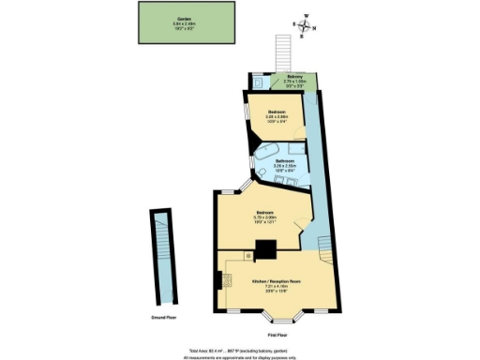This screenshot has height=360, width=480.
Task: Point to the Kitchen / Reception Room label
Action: point(276,283)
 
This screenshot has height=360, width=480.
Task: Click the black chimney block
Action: point(265,248)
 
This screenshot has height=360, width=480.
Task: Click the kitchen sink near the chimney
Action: point(247,255)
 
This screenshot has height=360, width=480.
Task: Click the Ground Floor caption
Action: point(166,318)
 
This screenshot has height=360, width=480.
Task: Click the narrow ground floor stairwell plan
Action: point(166,257)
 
